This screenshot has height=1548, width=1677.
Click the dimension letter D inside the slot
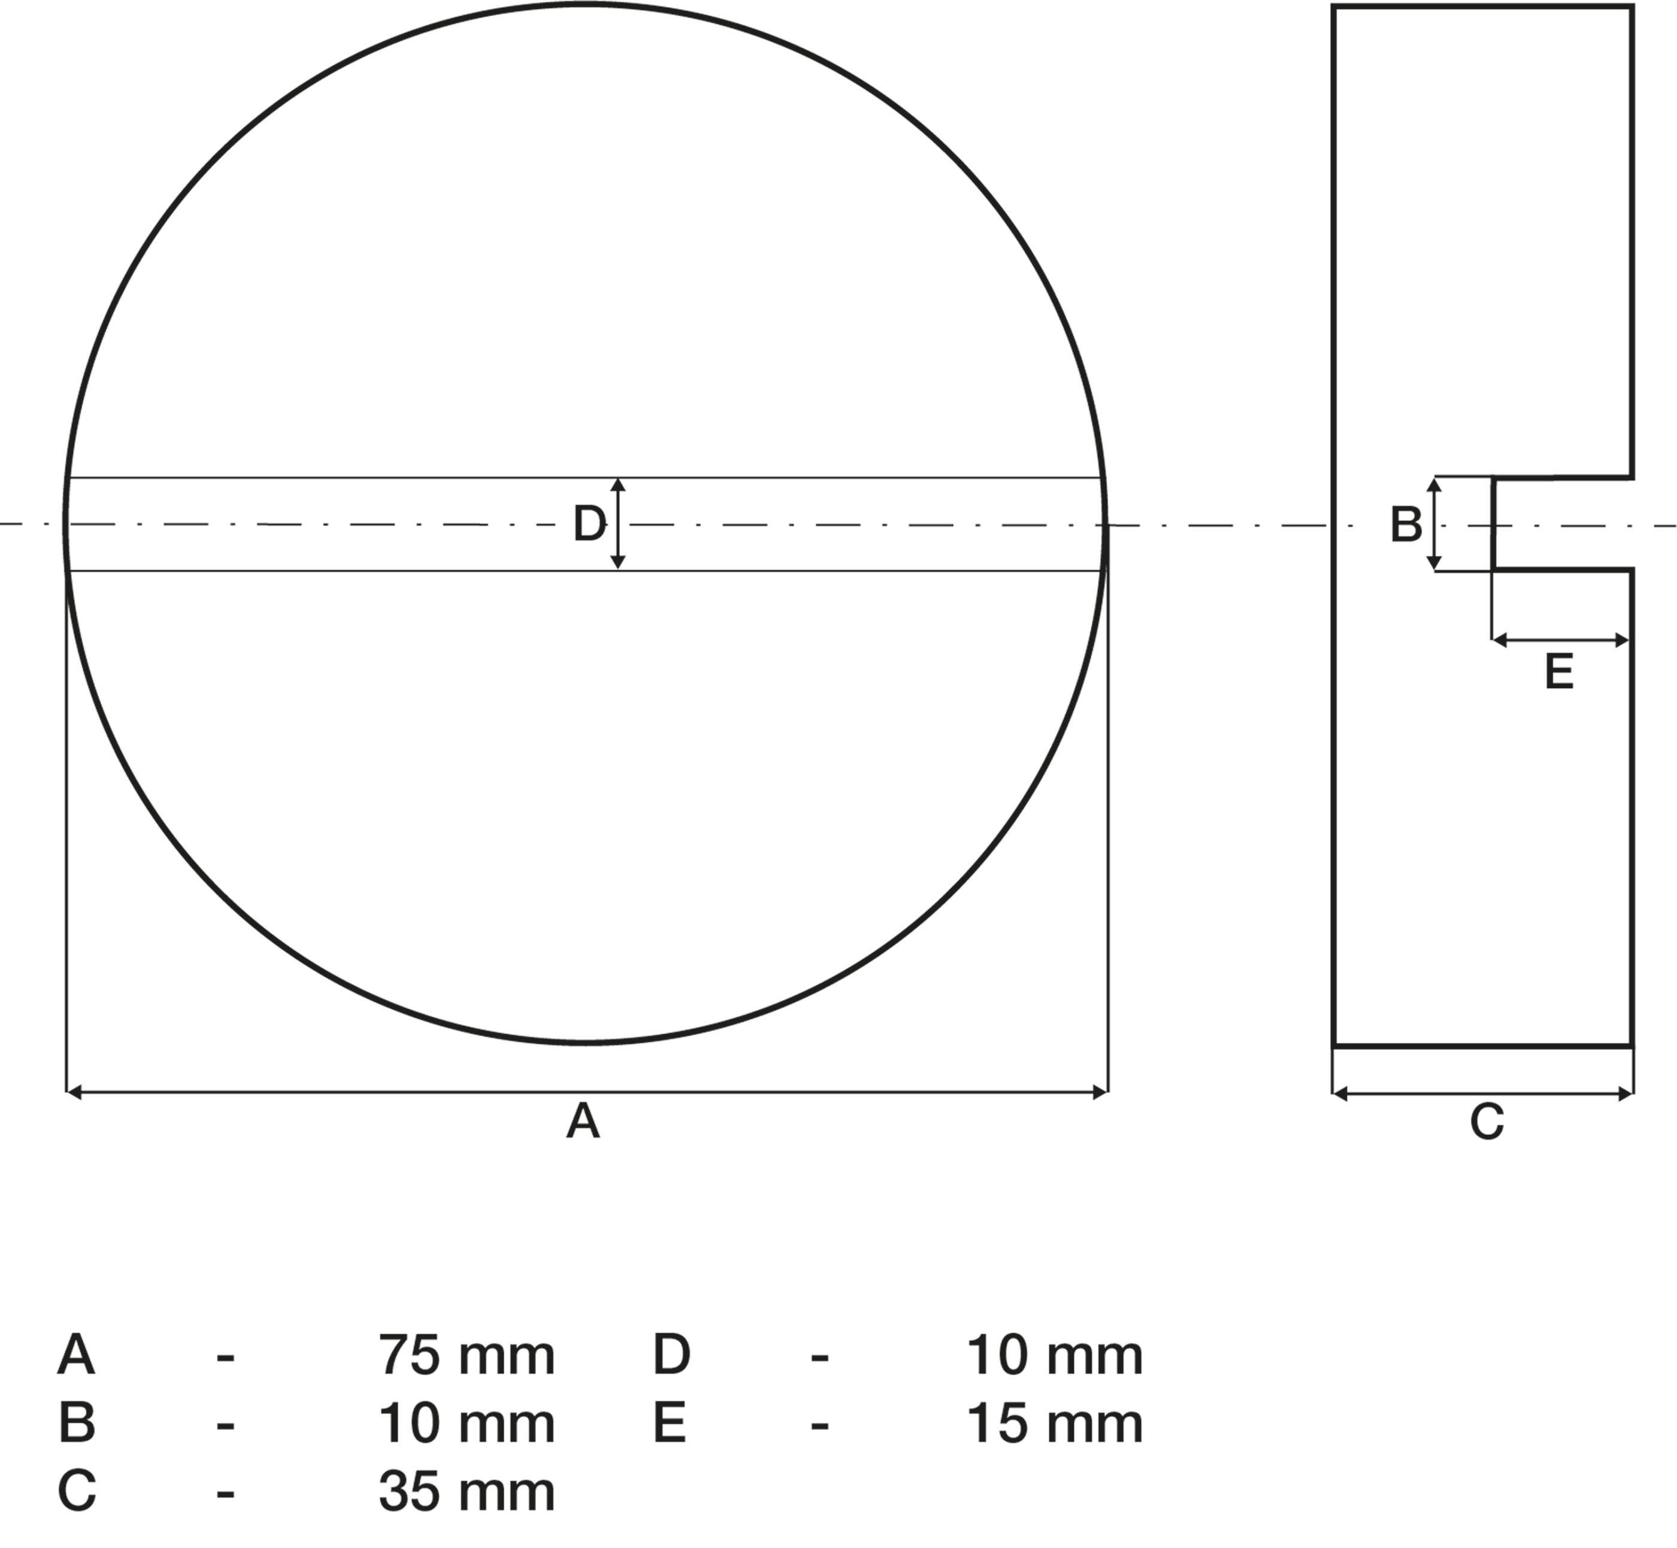589,525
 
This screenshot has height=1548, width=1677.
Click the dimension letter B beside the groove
1406,525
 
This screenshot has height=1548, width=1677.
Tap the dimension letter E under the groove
1559,672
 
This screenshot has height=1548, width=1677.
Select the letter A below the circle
583,1122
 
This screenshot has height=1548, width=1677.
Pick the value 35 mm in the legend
467,1492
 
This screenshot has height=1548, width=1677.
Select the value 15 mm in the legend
1055,1423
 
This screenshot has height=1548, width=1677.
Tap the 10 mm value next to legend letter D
1055,1355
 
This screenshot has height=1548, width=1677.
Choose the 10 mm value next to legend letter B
467,1423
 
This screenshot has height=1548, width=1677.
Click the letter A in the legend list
75,1355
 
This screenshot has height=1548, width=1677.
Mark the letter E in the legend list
669,1423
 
